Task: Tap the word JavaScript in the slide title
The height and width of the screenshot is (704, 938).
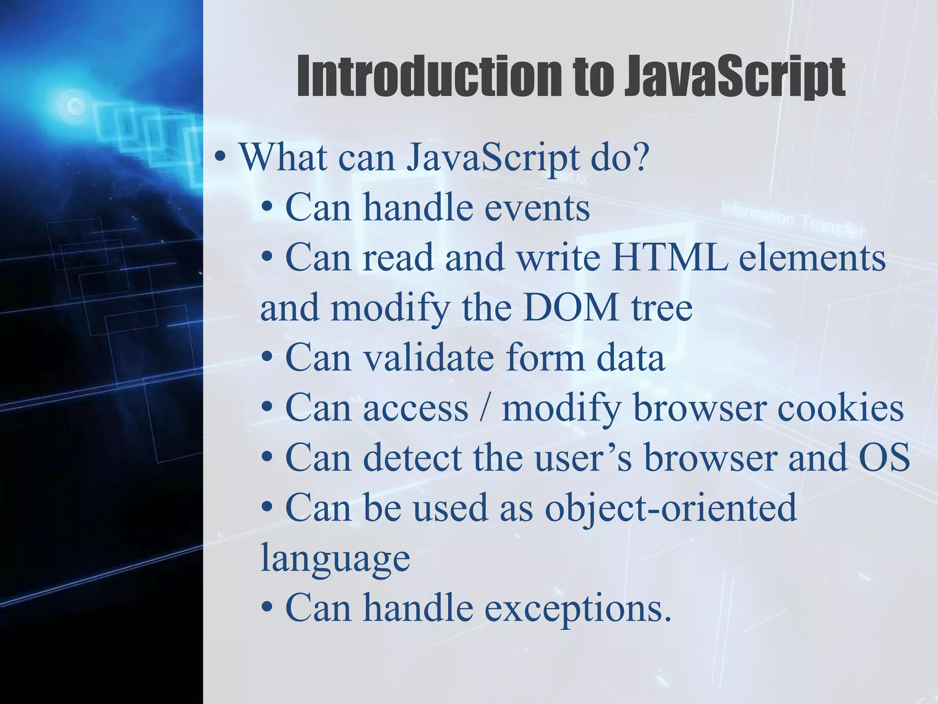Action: pyautogui.click(x=735, y=77)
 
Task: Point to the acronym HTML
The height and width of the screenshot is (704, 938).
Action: pyautogui.click(x=669, y=258)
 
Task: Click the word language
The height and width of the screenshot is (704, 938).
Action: pyautogui.click(x=335, y=558)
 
